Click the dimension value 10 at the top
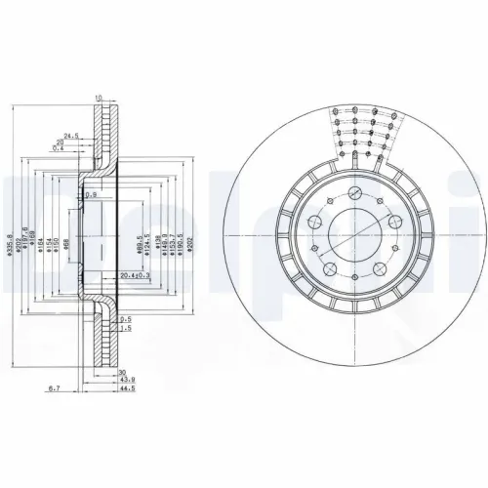(x=99, y=98)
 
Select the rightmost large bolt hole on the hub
(x=394, y=224)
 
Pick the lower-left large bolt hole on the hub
(x=329, y=269)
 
